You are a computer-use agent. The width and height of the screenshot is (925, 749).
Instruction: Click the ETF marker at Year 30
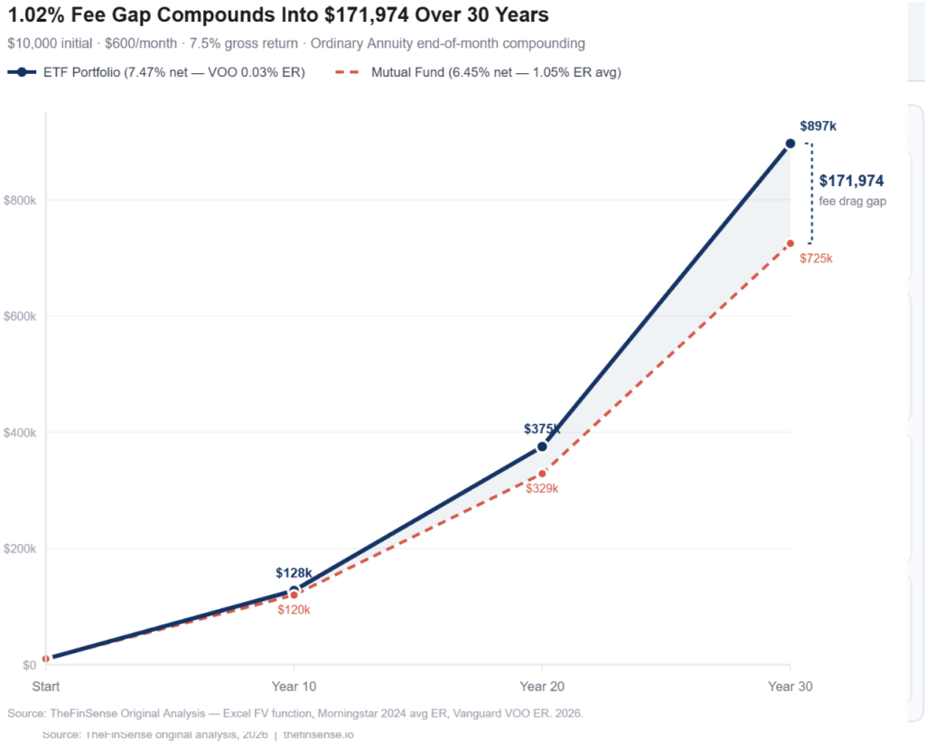click(x=790, y=143)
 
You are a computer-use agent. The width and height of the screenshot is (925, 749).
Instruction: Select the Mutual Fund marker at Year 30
click(x=790, y=244)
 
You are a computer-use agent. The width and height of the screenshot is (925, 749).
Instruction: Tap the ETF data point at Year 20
click(x=542, y=447)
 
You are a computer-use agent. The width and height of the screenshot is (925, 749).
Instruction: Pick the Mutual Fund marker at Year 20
click(x=542, y=474)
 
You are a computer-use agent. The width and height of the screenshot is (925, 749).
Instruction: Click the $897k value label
click(x=818, y=126)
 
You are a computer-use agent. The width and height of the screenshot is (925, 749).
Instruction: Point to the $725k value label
click(x=816, y=259)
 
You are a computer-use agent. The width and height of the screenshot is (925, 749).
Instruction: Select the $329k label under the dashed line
click(x=542, y=489)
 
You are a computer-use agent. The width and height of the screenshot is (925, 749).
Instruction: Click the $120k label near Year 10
click(x=294, y=611)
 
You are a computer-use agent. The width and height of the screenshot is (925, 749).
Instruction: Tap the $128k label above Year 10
click(x=294, y=573)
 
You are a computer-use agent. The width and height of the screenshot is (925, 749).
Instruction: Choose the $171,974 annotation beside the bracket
click(x=851, y=181)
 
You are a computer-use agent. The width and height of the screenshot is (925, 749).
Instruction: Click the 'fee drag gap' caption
click(x=852, y=202)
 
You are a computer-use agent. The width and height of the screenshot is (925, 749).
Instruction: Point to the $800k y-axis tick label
click(x=20, y=200)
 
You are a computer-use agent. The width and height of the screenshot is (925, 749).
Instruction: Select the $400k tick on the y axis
click(x=20, y=433)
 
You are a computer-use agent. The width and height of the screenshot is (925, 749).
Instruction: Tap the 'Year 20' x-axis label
click(x=542, y=687)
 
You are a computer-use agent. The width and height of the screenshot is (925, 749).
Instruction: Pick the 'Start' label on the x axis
click(x=46, y=687)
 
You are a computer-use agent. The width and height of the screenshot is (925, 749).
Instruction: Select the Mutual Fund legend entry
click(x=479, y=72)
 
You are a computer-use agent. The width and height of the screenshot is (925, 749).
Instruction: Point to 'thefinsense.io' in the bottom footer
click(x=318, y=735)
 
